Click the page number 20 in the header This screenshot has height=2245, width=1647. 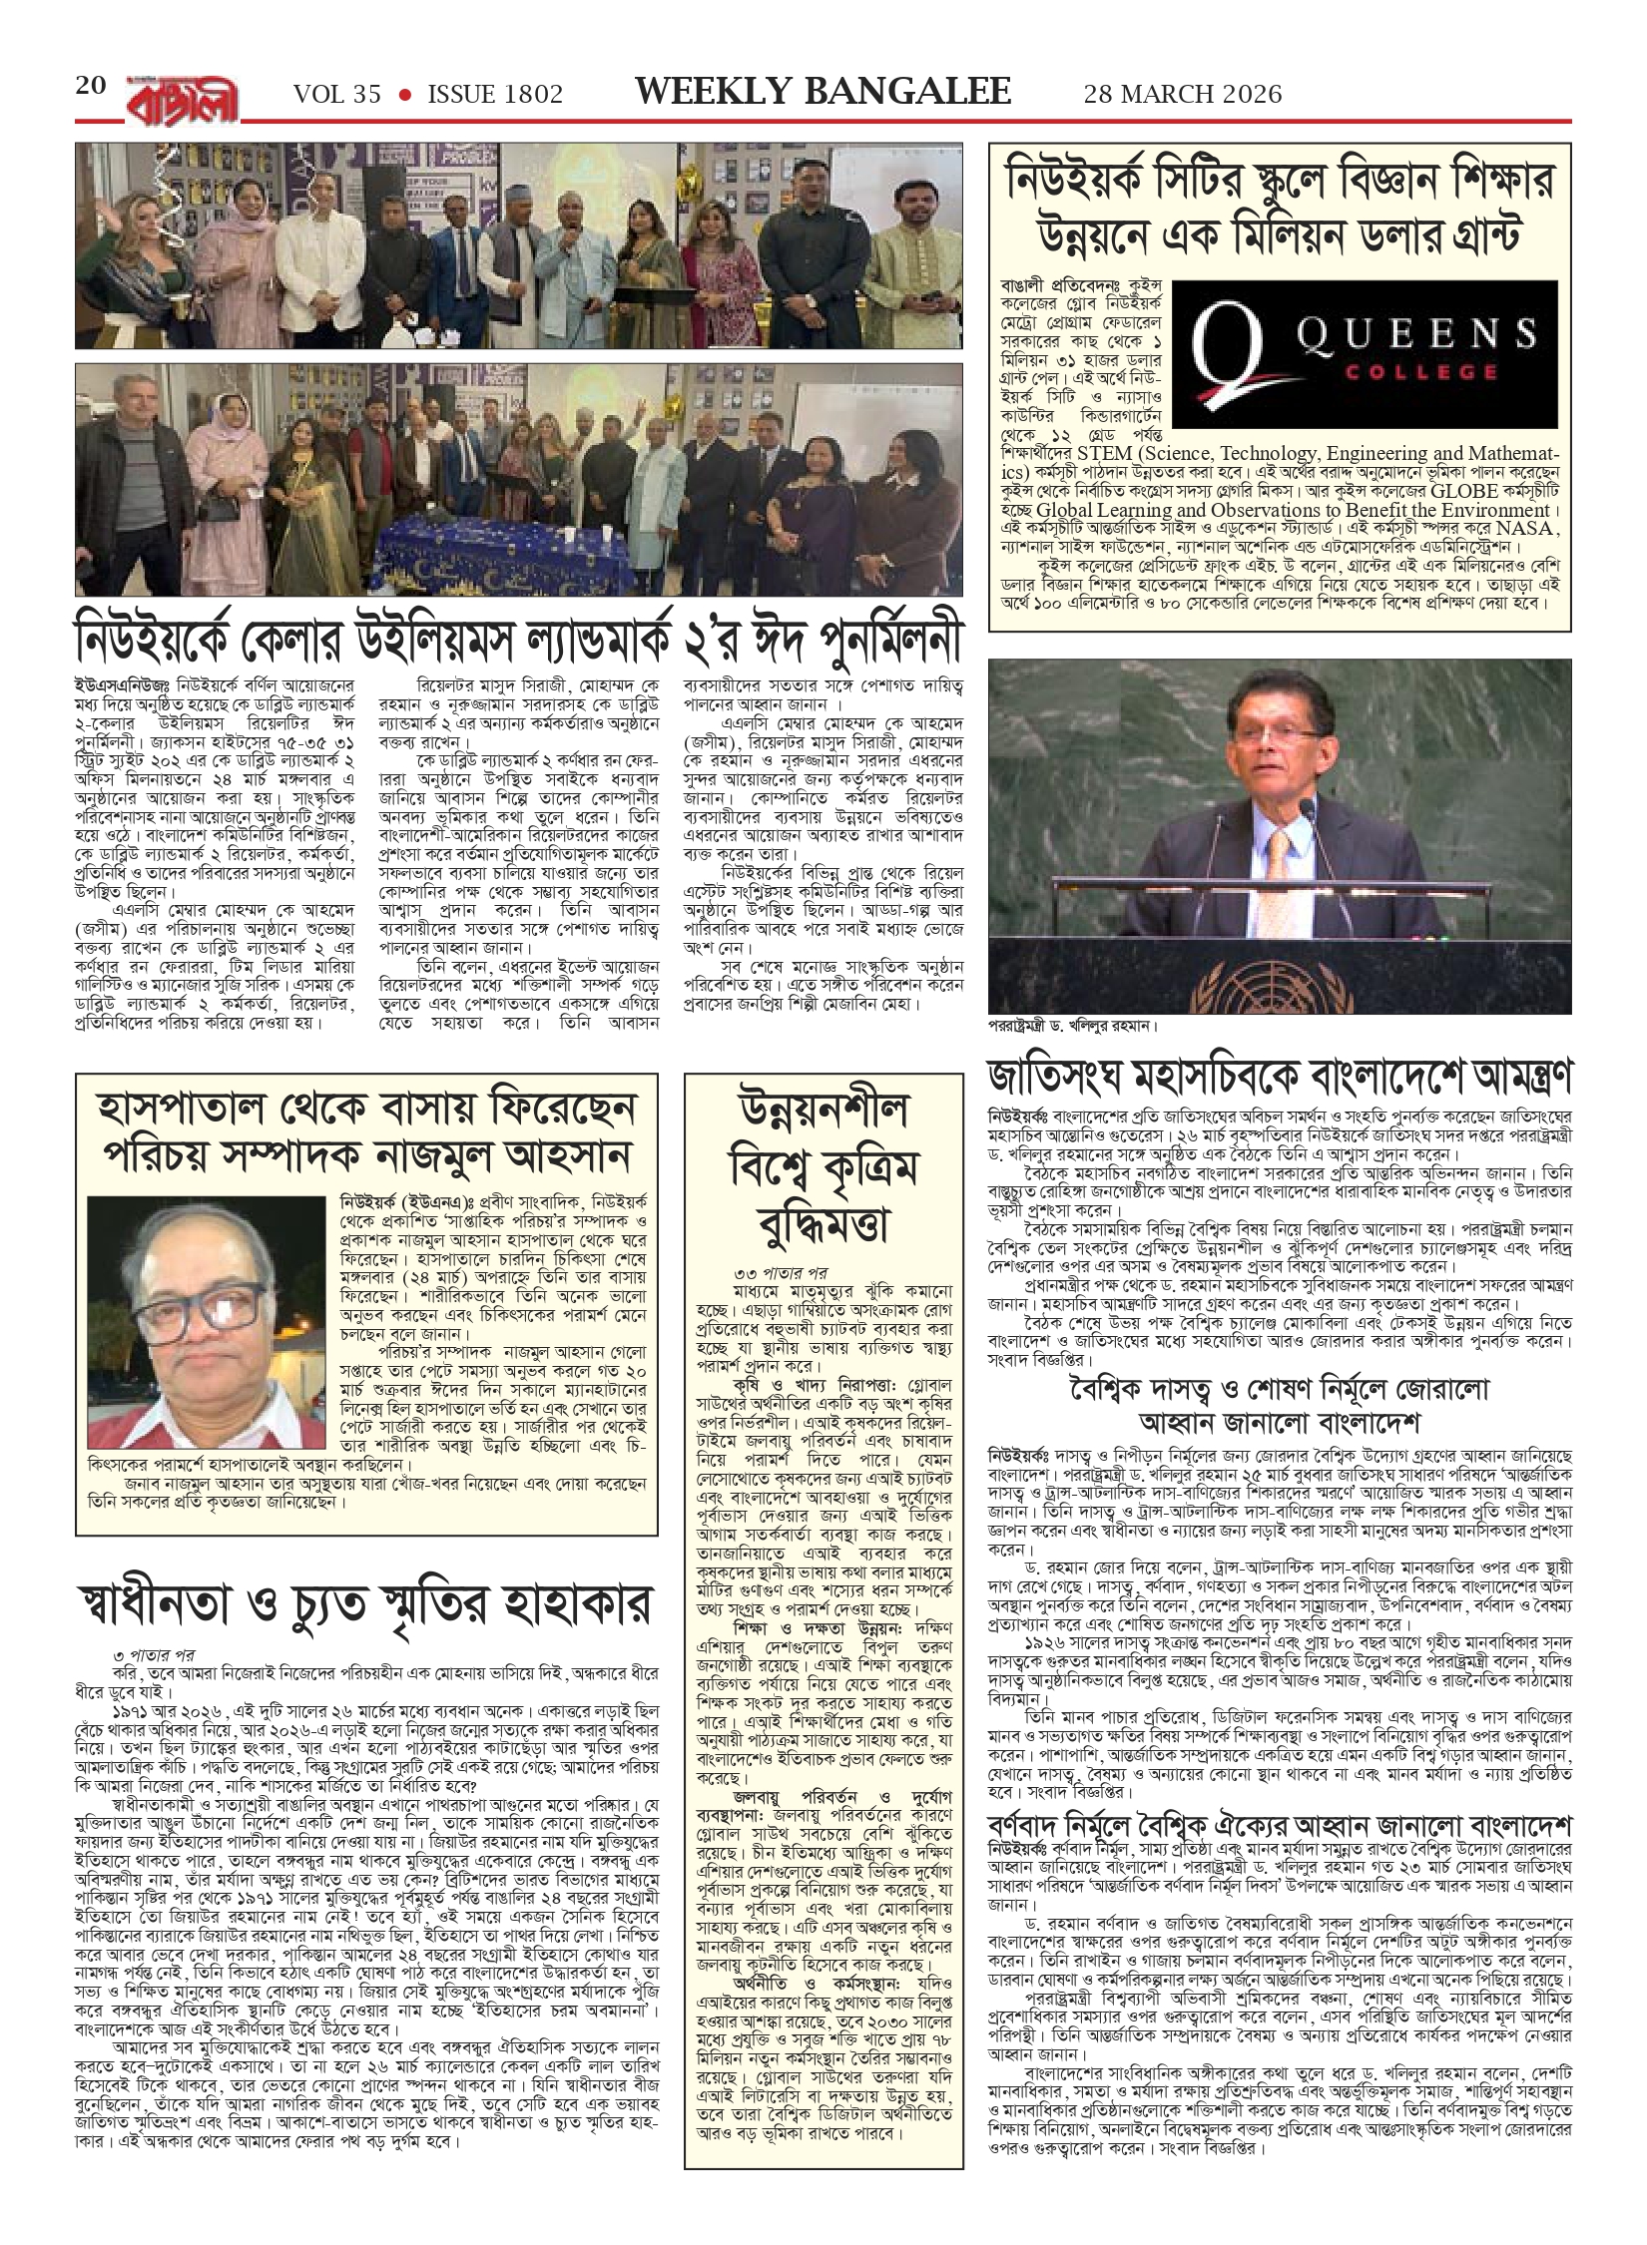click(x=91, y=86)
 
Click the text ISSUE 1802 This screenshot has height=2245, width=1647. click(x=495, y=95)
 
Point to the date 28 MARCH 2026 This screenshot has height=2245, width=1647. click(x=1183, y=94)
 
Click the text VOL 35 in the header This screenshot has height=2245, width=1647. click(x=337, y=95)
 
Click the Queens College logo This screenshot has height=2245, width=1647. click(x=1366, y=351)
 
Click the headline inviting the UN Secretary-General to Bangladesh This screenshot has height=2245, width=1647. click(x=1280, y=1080)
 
